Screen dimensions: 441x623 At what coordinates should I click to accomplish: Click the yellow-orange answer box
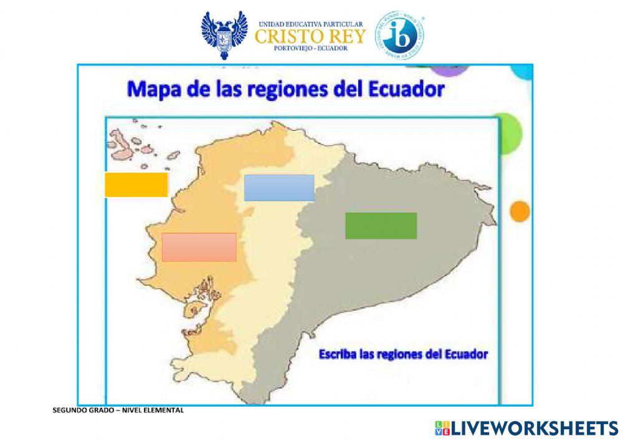coord(136,185)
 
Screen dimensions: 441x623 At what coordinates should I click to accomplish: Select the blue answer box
coord(278,188)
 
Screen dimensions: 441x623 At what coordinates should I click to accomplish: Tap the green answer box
coord(381,226)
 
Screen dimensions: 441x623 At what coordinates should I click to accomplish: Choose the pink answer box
coord(199,247)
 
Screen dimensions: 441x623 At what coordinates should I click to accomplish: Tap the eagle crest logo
coord(224,34)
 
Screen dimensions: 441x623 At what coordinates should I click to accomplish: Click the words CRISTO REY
coord(310,36)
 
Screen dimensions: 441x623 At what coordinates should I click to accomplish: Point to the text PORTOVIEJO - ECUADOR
coord(310,49)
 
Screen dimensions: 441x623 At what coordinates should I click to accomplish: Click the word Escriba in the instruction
coord(340,354)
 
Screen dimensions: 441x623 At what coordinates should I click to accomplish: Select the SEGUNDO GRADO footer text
coord(118,410)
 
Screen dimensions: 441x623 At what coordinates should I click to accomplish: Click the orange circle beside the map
coord(519,211)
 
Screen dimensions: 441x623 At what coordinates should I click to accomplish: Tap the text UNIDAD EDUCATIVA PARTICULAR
coord(310,23)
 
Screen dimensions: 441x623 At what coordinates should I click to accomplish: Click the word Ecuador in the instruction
coord(467,354)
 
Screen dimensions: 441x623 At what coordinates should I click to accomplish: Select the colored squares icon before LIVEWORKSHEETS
coord(442,428)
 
